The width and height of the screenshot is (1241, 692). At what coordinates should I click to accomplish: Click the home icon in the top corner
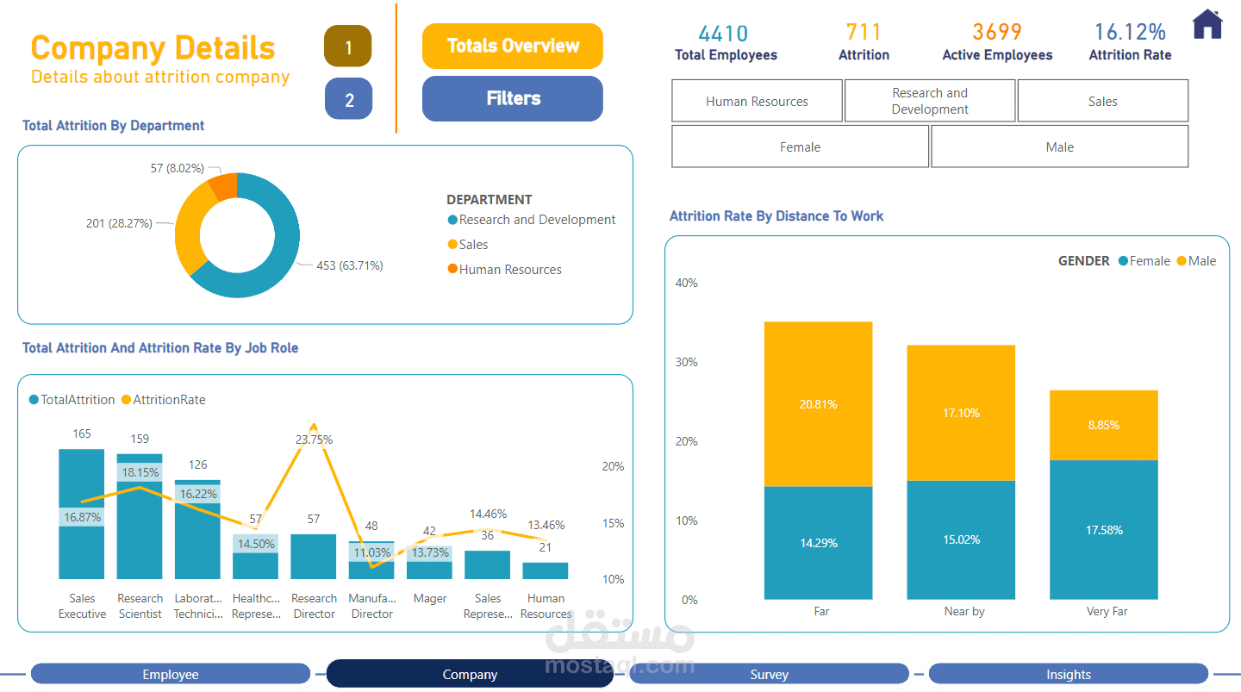tap(1207, 24)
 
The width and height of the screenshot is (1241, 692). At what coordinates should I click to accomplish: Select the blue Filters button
tap(513, 98)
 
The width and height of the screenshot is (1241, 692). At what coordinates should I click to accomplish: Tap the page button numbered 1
tap(348, 47)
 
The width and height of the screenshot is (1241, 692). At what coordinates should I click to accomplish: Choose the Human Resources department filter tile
tap(757, 101)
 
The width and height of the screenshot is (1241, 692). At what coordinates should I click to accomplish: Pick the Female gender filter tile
tap(800, 147)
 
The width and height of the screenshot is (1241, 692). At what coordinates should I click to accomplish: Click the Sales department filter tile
tap(1102, 101)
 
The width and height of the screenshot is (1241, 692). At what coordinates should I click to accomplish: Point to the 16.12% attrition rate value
tap(1130, 33)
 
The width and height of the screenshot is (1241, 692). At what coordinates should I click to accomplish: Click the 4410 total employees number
tap(723, 34)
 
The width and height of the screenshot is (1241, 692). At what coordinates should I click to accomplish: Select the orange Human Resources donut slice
tap(224, 185)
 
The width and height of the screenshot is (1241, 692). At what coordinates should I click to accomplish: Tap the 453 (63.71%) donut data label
tap(350, 265)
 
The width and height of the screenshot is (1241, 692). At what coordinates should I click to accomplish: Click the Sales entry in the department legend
tap(473, 245)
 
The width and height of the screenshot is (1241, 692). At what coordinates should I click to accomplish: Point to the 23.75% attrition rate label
tap(314, 440)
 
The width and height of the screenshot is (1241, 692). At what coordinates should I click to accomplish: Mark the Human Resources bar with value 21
tap(546, 570)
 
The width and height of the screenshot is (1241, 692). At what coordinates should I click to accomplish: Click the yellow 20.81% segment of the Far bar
tap(818, 403)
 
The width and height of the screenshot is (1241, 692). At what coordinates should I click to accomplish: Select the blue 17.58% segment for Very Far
tap(1103, 529)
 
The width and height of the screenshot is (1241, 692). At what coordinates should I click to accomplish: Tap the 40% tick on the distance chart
tap(686, 283)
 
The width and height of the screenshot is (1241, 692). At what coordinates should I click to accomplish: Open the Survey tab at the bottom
tap(769, 675)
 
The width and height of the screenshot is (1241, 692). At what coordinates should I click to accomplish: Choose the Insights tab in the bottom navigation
tap(1068, 675)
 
